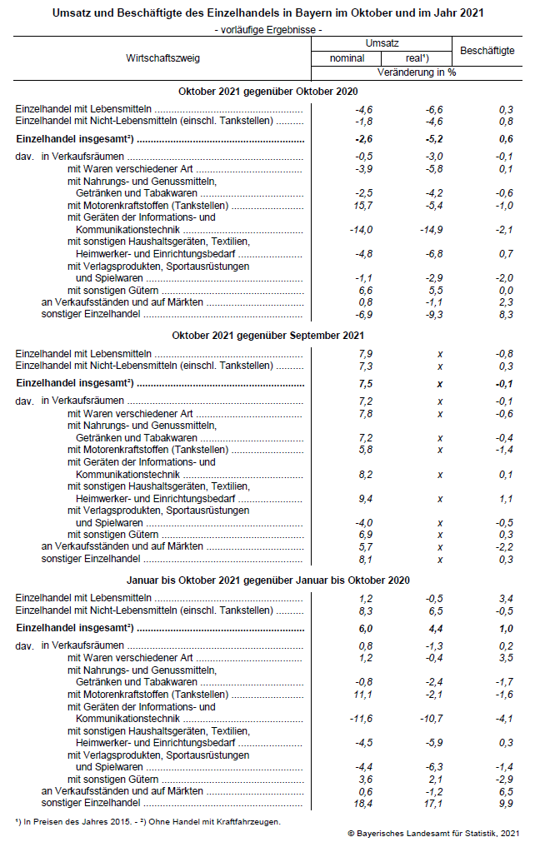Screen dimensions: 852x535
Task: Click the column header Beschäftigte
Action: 487,51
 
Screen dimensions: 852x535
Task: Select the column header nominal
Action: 347,59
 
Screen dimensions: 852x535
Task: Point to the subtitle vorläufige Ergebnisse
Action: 267,29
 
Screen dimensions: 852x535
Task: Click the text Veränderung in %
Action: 416,72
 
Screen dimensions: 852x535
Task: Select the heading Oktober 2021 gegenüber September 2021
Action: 267,335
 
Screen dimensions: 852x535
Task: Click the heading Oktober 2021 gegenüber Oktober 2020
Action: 267,91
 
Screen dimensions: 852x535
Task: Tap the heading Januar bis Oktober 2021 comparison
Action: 267,580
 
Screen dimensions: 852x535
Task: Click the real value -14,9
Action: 433,229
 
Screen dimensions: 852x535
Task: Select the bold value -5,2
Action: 433,139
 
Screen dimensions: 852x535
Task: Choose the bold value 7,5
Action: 365,384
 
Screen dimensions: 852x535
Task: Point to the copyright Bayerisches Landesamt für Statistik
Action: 433,833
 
